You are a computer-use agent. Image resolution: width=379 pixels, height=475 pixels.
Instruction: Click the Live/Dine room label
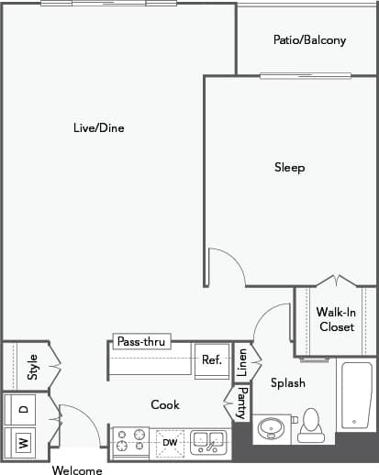[98, 128]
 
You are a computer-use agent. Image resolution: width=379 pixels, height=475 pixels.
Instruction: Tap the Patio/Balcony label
[309, 40]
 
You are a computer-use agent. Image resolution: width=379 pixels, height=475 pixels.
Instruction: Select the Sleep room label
[289, 168]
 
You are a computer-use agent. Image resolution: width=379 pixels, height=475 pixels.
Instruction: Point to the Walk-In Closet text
[335, 319]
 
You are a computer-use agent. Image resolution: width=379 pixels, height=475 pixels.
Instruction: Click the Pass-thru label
[141, 342]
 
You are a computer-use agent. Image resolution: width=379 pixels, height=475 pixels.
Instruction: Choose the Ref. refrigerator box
[211, 360]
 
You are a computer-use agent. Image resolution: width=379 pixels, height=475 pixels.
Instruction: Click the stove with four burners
[130, 443]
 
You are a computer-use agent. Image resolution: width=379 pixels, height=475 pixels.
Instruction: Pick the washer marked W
[22, 443]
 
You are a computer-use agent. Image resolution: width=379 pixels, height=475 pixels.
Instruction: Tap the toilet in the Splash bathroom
[310, 425]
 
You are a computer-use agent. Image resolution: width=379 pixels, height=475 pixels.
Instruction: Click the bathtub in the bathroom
[356, 395]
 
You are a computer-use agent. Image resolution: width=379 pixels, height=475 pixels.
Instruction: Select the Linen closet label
[242, 363]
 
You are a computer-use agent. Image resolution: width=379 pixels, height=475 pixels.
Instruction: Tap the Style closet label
[32, 368]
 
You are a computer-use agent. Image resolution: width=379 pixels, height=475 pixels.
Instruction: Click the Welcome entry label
[77, 469]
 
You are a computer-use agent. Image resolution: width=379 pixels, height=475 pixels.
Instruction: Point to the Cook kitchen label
[165, 404]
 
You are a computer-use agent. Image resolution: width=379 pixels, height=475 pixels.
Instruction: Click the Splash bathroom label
[287, 382]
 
